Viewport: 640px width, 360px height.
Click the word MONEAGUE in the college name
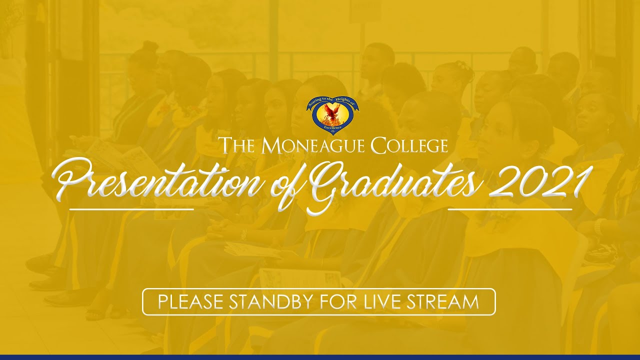(314, 145)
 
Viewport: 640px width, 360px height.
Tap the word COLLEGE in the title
(409, 145)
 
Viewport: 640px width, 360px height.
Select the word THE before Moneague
(239, 145)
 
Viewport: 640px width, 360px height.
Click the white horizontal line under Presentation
(131, 209)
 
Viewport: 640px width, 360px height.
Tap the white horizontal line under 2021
(510, 209)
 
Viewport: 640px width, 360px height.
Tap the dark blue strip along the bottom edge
(320, 357)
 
